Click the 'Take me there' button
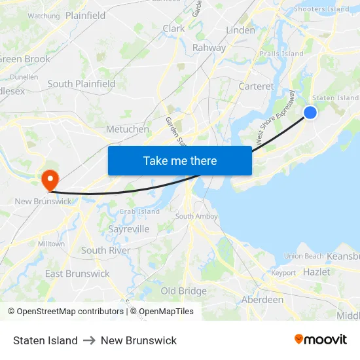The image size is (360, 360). click(x=180, y=160)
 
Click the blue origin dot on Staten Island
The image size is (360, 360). click(x=310, y=113)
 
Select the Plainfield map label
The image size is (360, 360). click(x=85, y=15)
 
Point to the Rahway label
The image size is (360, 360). click(x=209, y=48)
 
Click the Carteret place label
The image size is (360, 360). click(x=256, y=86)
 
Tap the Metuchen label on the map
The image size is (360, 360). click(x=127, y=129)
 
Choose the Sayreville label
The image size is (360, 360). click(x=128, y=229)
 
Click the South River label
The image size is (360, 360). click(x=105, y=250)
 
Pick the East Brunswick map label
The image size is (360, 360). click(x=77, y=274)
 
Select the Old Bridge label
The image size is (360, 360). click(x=183, y=291)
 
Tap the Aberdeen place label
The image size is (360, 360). click(x=262, y=299)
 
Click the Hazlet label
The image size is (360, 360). click(x=316, y=272)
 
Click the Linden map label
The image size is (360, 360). click(x=240, y=30)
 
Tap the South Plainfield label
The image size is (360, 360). click(x=81, y=84)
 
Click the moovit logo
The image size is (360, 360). click(x=321, y=340)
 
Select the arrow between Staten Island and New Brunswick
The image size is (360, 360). click(x=89, y=340)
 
